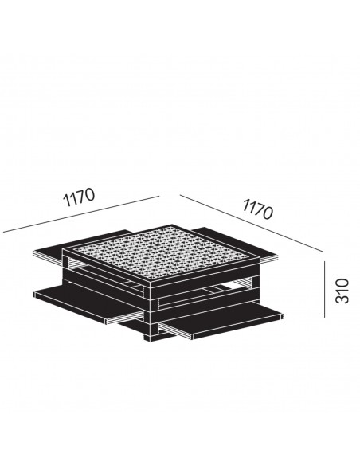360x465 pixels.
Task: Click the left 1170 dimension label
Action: (x=79, y=197)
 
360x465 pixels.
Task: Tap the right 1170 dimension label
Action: (x=257, y=209)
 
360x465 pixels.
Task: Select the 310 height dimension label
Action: (x=342, y=291)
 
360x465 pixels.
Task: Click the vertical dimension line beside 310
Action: (x=324, y=289)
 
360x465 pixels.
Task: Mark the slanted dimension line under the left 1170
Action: (x=81, y=214)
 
